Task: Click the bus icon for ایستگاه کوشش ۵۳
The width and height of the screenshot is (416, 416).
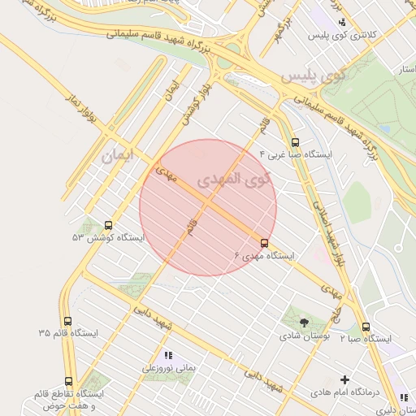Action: click(109, 225)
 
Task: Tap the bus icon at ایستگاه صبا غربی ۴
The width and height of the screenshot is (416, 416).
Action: click(294, 142)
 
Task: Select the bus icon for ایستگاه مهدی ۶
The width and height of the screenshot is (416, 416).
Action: click(264, 243)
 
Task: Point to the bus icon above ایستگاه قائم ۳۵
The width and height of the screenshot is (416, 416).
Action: click(67, 322)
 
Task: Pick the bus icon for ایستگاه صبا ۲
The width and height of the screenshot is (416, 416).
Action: click(365, 327)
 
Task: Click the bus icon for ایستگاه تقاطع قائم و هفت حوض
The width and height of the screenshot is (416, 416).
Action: click(68, 381)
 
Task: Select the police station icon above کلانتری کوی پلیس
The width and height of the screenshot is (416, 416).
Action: click(343, 22)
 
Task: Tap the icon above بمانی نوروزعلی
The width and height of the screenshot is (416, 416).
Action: click(169, 356)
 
